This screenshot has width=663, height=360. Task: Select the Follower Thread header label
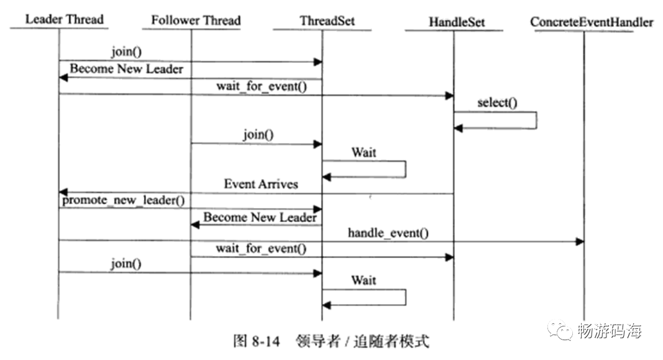[196, 20]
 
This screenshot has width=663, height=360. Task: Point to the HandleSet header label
[457, 22]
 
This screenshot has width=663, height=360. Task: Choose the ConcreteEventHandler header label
[592, 22]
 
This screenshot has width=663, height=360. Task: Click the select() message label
[497, 103]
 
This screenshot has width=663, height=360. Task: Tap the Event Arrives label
[261, 184]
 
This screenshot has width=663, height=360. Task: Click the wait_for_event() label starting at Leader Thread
[262, 86]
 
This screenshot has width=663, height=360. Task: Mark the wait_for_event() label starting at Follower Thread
[262, 249]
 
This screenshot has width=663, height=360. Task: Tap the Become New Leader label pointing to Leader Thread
[126, 68]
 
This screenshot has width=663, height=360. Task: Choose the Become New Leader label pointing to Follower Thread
[260, 217]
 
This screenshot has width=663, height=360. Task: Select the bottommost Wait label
[364, 280]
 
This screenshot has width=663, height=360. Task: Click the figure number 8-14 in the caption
[265, 341]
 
